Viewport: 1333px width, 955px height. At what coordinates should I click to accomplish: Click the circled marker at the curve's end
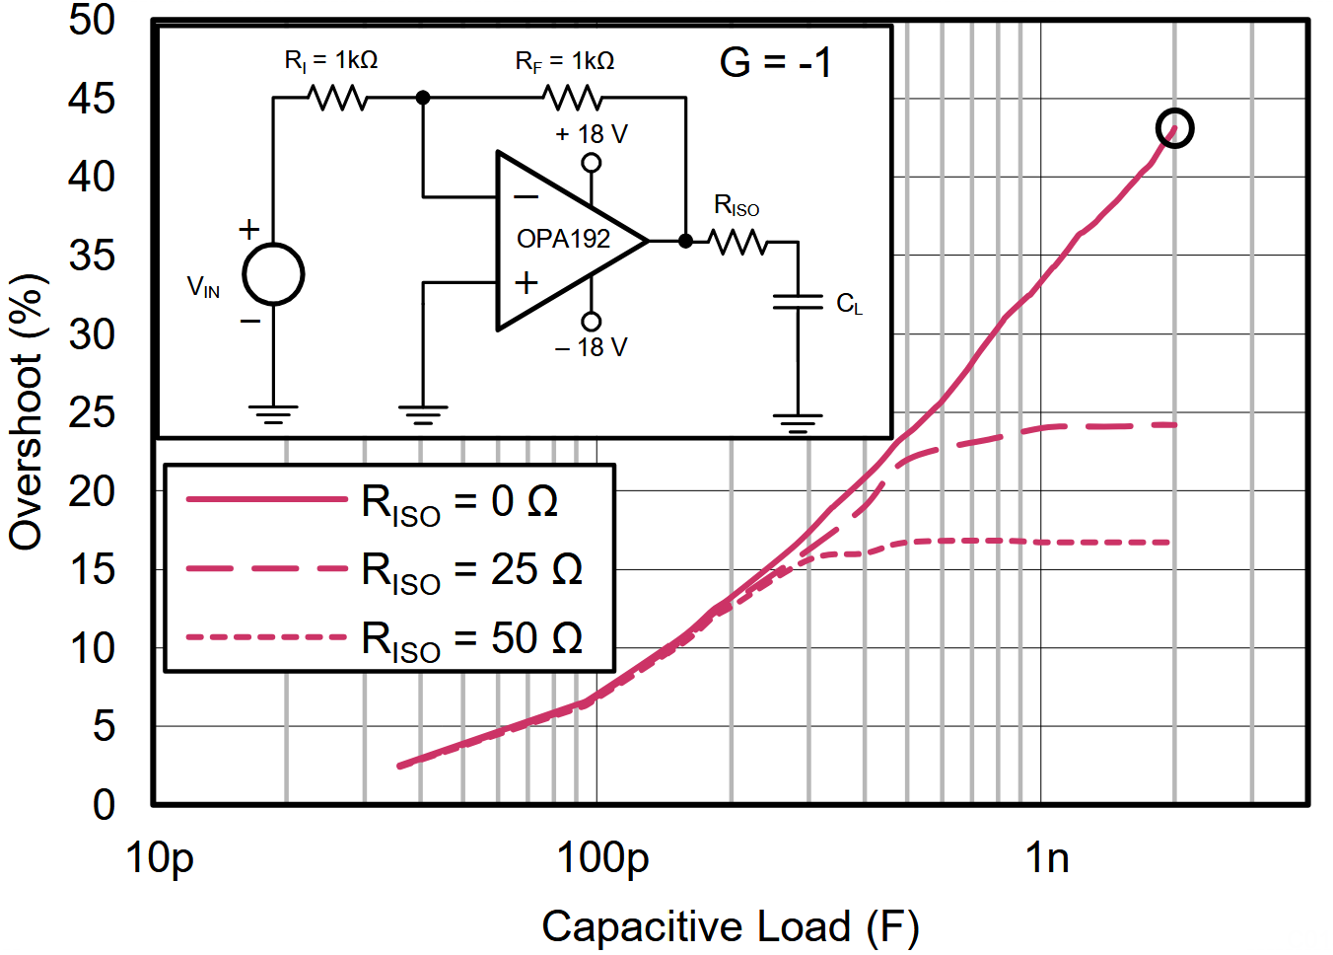click(1174, 128)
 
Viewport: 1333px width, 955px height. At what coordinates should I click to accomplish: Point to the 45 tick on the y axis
click(91, 99)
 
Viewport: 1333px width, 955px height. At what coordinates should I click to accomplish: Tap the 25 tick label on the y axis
click(91, 412)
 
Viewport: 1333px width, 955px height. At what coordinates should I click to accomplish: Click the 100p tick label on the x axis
click(602, 858)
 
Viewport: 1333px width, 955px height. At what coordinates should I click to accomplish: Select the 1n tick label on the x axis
click(1047, 858)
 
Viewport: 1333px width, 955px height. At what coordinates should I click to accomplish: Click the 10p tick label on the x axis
click(160, 858)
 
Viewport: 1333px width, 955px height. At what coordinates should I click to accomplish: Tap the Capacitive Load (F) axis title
click(730, 926)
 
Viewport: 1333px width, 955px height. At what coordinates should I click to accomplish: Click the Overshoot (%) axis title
click(27, 412)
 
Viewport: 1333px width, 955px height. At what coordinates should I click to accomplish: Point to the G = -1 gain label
click(776, 62)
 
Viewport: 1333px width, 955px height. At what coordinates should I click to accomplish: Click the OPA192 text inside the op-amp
click(563, 239)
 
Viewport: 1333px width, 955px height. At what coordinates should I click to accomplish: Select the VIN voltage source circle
click(273, 274)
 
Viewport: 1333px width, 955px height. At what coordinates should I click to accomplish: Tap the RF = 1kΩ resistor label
click(565, 61)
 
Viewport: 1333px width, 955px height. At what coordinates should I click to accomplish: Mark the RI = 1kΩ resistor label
click(331, 61)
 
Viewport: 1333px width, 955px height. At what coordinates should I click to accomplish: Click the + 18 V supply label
click(592, 134)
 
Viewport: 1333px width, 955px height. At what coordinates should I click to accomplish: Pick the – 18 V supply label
click(592, 347)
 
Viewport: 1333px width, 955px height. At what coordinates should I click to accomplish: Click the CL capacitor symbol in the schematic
click(798, 301)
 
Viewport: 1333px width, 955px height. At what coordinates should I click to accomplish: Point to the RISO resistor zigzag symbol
click(737, 241)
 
